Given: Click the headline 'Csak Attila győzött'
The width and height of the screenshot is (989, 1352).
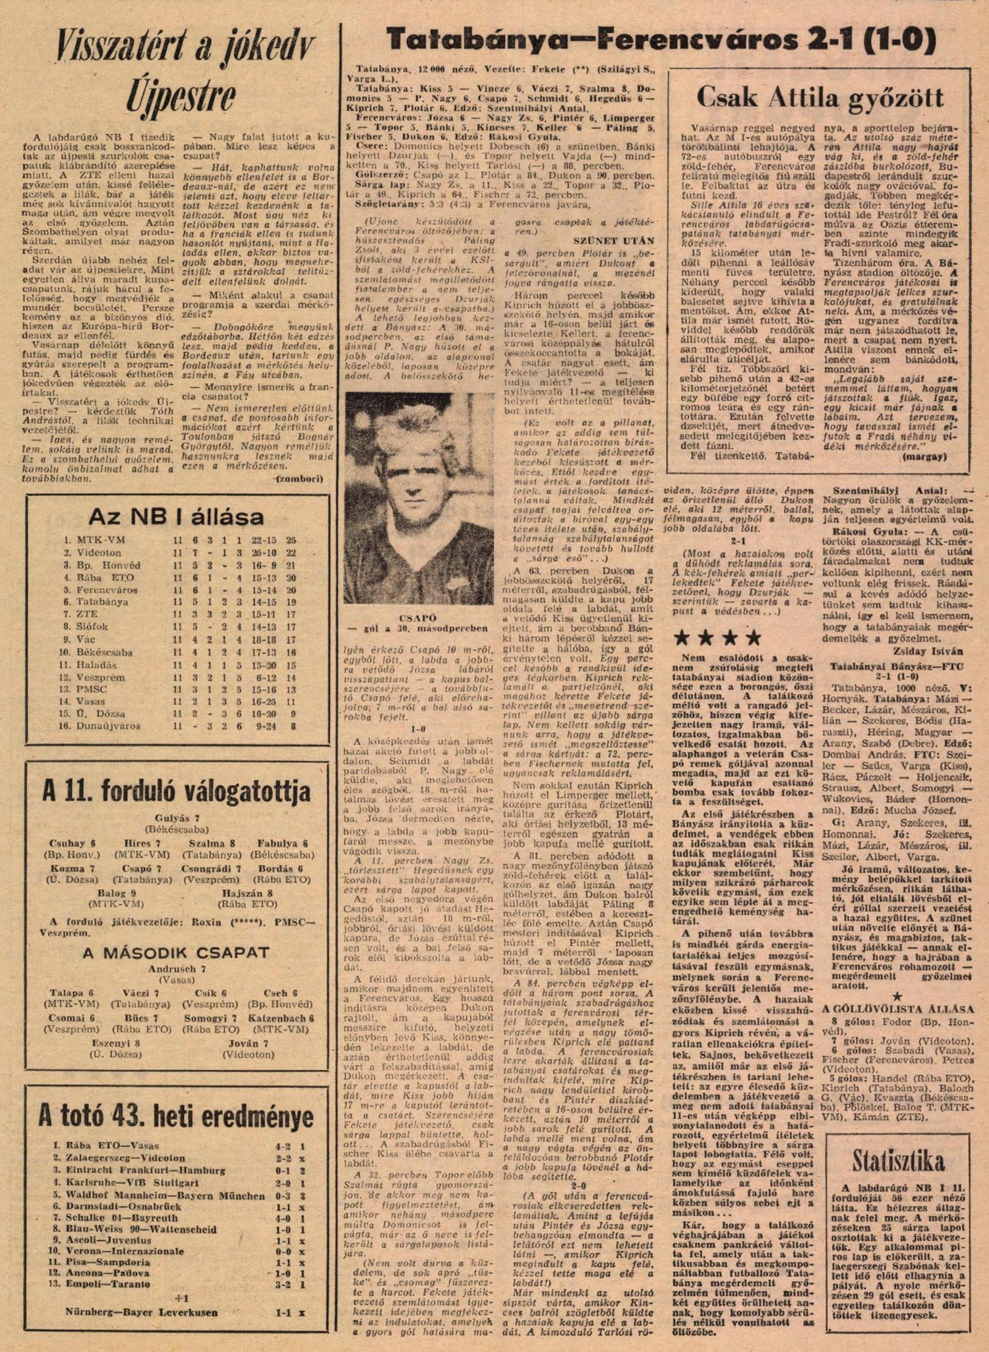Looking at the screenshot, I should tap(820, 98).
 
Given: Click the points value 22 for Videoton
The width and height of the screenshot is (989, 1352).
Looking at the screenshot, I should tap(290, 553).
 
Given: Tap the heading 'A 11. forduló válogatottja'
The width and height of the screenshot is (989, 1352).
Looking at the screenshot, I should tap(176, 791).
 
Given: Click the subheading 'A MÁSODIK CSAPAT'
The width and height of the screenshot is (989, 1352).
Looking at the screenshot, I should tap(177, 952).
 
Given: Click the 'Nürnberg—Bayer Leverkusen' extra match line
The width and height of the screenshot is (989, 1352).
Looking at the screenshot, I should tap(141, 1312).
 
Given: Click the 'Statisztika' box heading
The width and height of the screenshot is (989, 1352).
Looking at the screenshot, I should tap(897, 1160).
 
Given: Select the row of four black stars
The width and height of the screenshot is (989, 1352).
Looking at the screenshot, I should tap(718, 638).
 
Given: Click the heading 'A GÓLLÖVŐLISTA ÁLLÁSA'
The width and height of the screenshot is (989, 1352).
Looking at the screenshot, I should tap(897, 1009).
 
